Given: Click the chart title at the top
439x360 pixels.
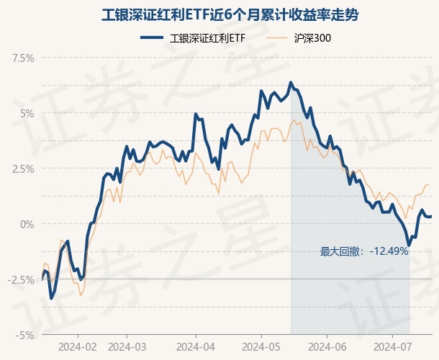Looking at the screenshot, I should point(219,14).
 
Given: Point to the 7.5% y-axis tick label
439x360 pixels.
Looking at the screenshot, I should point(22,58).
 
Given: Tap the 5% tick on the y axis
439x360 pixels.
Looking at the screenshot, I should point(27,113).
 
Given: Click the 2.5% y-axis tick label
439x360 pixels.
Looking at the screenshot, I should point(22,168).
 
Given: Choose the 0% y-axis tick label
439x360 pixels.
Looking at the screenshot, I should point(27,224).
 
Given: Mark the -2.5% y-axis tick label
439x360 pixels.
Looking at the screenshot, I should point(21,279).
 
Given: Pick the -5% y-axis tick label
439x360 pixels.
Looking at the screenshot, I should point(25,335).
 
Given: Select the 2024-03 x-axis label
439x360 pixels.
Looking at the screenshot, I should point(127,347).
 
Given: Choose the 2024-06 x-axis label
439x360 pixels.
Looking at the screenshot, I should point(327,347).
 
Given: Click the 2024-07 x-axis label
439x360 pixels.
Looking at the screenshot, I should point(392,347).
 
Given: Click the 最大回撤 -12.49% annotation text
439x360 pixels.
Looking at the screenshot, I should point(364,251).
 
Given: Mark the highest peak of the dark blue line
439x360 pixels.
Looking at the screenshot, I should point(290,83).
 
